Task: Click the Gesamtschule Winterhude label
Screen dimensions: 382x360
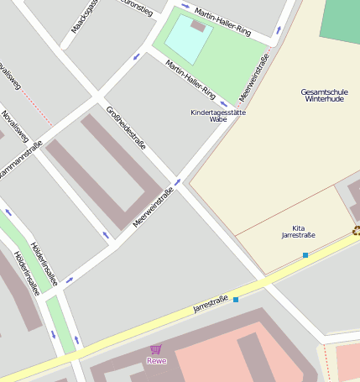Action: point(322,95)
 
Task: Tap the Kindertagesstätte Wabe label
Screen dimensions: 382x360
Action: point(218,116)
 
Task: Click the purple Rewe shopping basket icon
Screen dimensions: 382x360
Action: point(155,349)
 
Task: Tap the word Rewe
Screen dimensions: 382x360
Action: point(156,361)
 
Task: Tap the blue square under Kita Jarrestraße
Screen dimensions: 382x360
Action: point(305,254)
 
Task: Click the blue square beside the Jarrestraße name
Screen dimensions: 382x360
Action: point(236,299)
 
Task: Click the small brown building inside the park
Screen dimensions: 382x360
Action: point(198,25)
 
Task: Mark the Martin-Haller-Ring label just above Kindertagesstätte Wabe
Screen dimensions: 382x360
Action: point(190,80)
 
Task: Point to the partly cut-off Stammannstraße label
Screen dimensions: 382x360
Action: point(20,160)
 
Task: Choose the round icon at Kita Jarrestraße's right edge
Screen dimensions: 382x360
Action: point(357,230)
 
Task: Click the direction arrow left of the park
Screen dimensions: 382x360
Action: point(137,56)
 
